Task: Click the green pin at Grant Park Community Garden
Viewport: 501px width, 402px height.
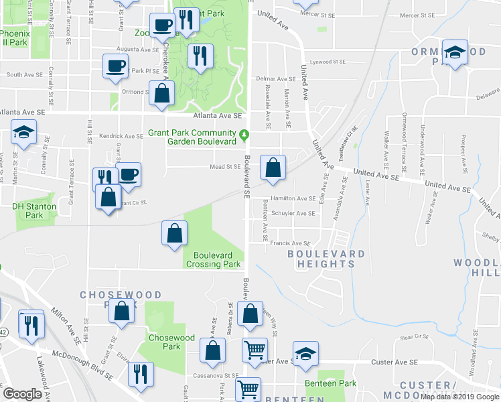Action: click(244, 135)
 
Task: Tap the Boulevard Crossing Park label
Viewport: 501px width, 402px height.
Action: click(217, 259)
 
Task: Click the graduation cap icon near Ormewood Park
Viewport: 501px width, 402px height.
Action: click(455, 53)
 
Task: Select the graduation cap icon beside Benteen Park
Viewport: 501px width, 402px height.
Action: click(305, 353)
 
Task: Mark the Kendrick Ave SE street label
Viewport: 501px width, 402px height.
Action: click(121, 136)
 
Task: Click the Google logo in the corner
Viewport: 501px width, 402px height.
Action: click(22, 394)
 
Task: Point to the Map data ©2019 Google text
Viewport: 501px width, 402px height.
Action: click(459, 397)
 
